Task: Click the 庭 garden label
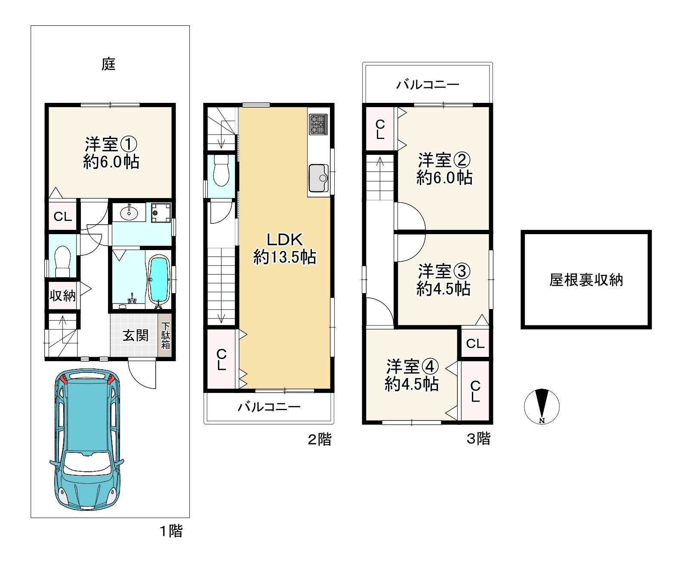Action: click(x=108, y=64)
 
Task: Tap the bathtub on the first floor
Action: click(x=159, y=280)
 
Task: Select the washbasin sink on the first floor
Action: click(x=129, y=213)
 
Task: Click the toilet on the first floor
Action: click(x=62, y=261)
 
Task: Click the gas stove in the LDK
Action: click(x=318, y=124)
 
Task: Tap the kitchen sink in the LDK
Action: click(x=319, y=178)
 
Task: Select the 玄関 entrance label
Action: click(x=136, y=335)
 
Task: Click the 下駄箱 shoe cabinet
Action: click(x=166, y=336)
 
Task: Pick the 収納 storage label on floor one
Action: click(x=63, y=296)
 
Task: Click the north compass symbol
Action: click(x=542, y=407)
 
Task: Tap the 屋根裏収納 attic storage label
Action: click(x=586, y=280)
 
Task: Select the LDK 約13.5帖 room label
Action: click(x=285, y=248)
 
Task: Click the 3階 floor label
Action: click(x=478, y=439)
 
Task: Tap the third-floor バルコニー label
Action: click(x=428, y=85)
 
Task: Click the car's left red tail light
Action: click(x=64, y=379)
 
